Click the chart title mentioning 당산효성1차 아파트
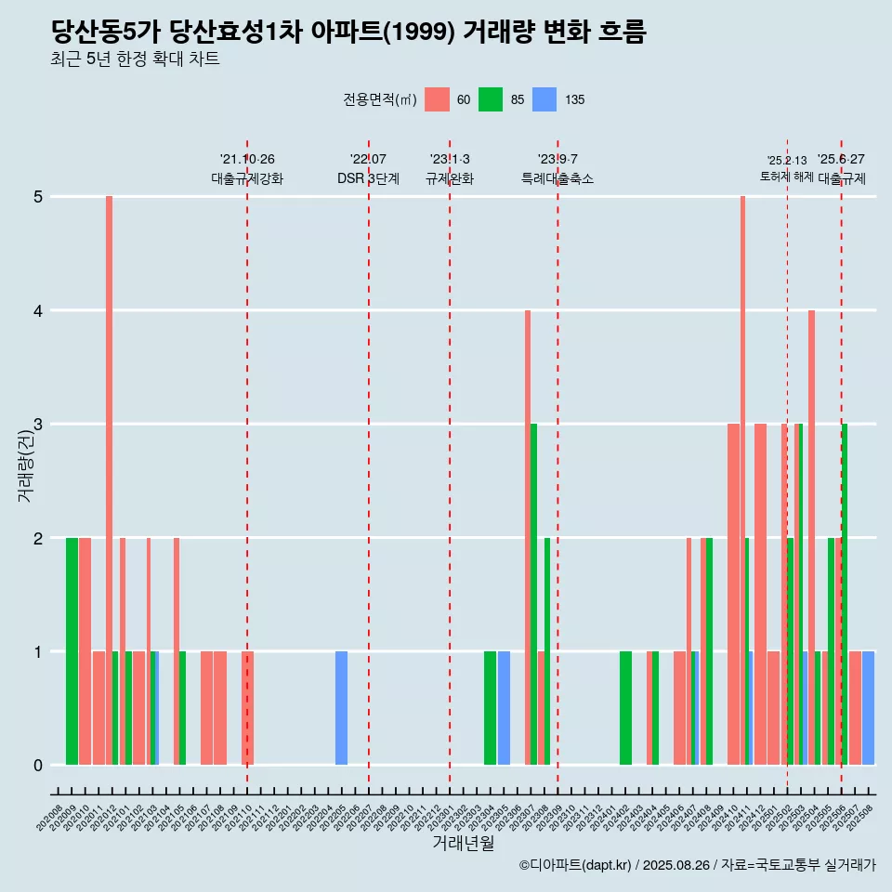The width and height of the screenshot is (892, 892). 348,33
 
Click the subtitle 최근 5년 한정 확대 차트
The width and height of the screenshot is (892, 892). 135,60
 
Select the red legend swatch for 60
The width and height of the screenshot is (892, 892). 437,99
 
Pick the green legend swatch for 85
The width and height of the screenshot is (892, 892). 491,99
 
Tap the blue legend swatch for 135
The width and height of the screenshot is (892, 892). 544,99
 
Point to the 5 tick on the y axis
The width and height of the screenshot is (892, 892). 38,197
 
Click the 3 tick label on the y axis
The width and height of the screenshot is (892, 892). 38,425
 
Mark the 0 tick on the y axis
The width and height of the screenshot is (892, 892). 38,766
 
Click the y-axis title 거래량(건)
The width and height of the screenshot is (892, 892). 25,465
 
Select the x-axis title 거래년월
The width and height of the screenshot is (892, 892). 463,844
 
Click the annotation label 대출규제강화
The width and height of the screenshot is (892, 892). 247,178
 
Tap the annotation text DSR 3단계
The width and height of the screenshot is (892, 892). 368,178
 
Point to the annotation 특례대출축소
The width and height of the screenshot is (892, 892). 557,178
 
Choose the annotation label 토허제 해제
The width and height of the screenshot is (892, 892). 786,177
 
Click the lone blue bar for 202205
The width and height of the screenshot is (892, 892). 341,708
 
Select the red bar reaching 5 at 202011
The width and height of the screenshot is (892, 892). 109,480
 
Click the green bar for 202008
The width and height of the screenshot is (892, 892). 72,651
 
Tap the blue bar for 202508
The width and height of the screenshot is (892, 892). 868,708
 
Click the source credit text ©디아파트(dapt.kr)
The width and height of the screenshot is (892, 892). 576,865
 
